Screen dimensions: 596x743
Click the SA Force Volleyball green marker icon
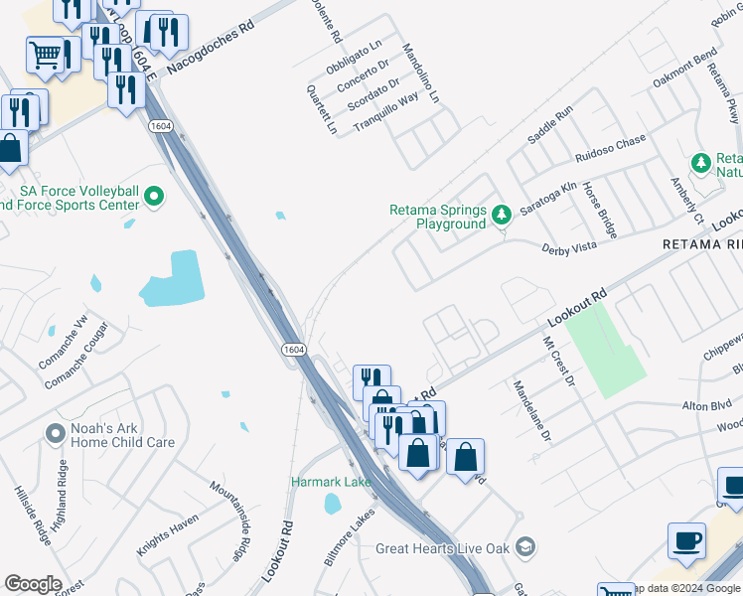[153, 198]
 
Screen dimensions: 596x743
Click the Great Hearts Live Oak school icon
[526, 547]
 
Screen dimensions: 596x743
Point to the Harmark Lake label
[331, 482]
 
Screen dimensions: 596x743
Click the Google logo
[33, 584]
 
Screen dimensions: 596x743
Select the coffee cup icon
[686, 541]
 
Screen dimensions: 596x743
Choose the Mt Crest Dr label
[557, 361]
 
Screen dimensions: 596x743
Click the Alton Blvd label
[707, 406]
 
